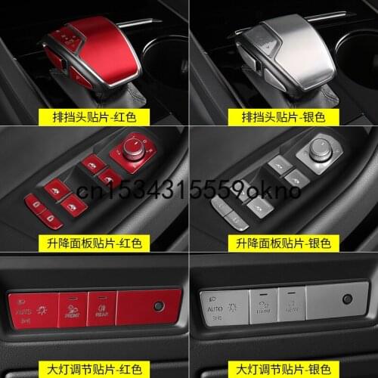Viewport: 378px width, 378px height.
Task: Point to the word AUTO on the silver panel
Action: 213,309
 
